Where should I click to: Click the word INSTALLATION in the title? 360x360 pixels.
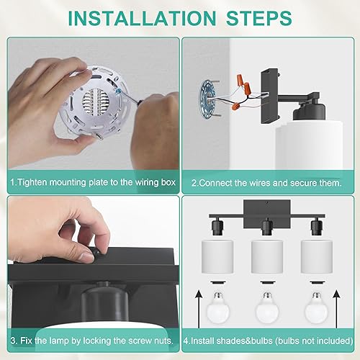coord(142,18)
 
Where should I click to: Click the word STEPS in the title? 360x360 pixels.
coord(259,18)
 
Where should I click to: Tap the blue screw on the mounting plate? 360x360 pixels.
coord(118,91)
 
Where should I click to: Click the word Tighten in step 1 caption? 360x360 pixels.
coord(32,182)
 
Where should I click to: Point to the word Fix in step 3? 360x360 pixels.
coord(26,341)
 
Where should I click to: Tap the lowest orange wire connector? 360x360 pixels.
coord(235,106)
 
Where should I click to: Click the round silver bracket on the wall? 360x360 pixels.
coord(208,98)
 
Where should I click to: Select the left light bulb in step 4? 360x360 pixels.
coord(218,308)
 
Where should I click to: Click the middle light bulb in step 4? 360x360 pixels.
coord(267,308)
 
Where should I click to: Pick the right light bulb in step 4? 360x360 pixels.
coord(316,308)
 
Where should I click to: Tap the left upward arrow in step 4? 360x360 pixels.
coord(199,309)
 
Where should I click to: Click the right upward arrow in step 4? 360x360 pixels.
coord(337,309)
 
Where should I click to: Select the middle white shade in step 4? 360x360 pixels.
coord(267,257)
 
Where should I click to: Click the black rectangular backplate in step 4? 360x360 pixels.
coord(267,214)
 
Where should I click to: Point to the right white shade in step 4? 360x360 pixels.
coord(317,257)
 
